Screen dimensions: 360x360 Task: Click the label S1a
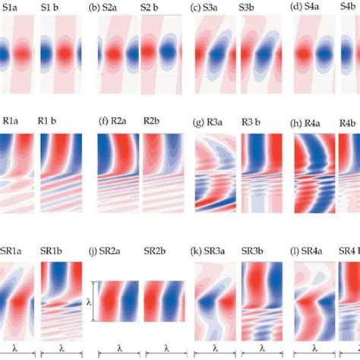tap(12, 8)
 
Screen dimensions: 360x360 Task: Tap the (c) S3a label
tap(207, 8)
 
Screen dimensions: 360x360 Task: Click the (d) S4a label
tap(310, 8)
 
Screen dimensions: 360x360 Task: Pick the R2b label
tap(155, 121)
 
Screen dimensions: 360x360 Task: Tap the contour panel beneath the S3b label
tap(261, 56)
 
